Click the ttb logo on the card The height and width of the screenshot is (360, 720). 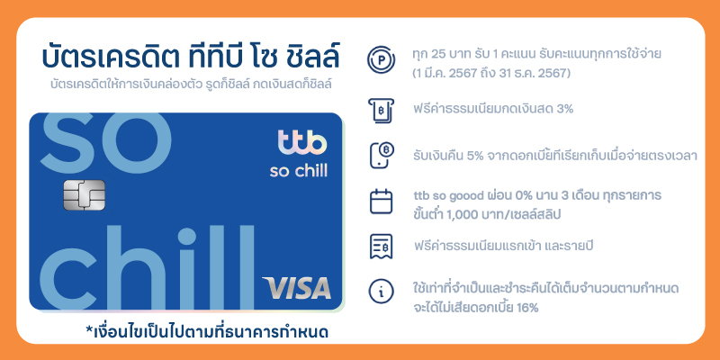(x=302, y=142)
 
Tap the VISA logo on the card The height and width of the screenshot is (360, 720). (x=297, y=288)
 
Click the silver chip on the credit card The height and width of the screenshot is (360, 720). (x=84, y=194)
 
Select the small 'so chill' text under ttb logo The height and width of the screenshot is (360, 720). (x=299, y=171)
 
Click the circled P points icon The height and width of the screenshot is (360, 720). (x=381, y=60)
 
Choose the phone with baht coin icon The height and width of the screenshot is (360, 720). (x=382, y=156)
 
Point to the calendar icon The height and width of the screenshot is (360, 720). (x=381, y=201)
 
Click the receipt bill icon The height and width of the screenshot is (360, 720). (x=381, y=247)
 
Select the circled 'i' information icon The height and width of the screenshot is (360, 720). (x=381, y=291)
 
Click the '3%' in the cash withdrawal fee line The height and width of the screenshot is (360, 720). (x=564, y=110)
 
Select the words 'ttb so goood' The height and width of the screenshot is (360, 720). (x=446, y=196)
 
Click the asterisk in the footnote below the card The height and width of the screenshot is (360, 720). (x=89, y=328)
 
